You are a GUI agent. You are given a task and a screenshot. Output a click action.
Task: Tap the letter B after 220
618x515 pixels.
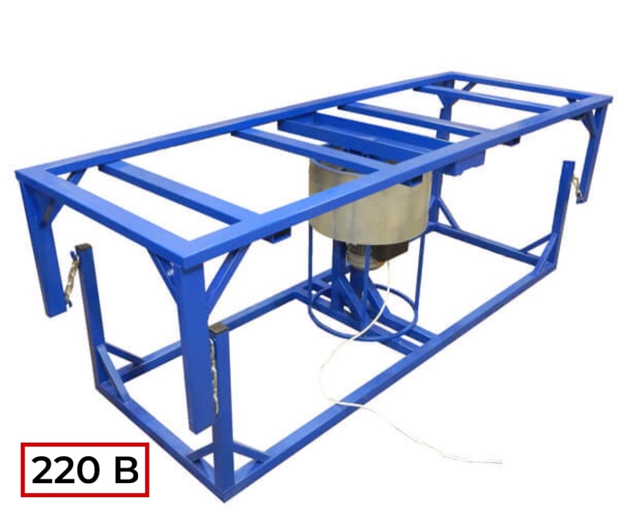click(x=126, y=470)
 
